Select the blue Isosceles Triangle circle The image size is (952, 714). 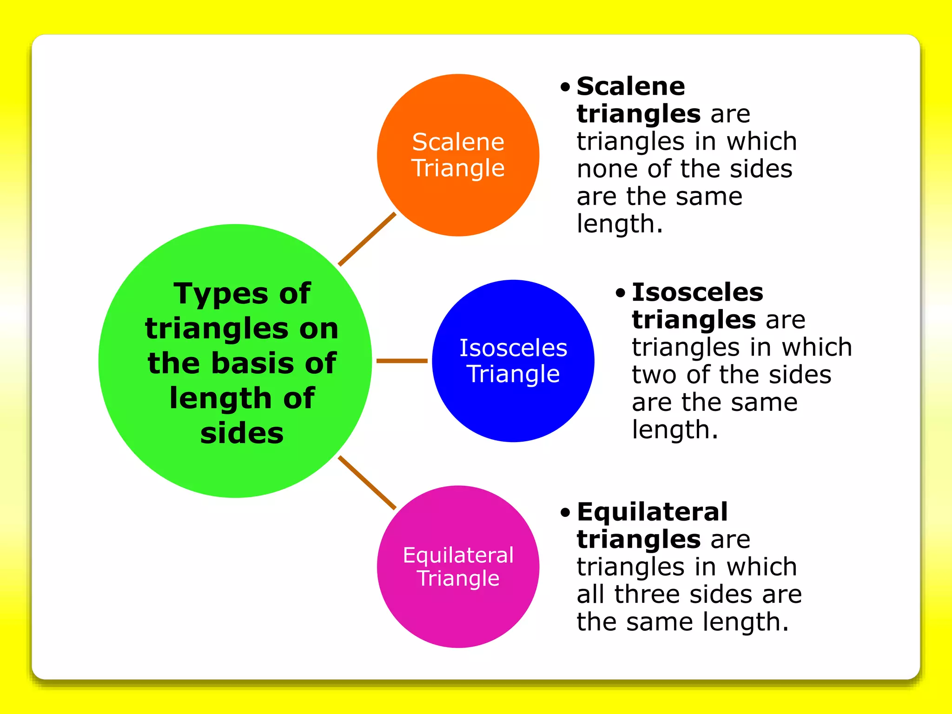[513, 409]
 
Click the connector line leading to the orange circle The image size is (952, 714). [367, 239]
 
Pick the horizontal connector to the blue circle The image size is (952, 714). [402, 361]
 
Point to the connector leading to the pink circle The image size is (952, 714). [367, 483]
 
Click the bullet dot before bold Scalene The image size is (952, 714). [565, 87]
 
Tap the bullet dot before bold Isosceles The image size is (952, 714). [620, 293]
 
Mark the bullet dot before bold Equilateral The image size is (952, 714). [565, 513]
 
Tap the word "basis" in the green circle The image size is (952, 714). [253, 363]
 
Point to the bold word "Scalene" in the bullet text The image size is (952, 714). [631, 86]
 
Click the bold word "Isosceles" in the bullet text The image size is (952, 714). [697, 292]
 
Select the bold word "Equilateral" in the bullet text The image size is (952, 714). [652, 512]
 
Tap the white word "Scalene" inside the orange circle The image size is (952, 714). [458, 142]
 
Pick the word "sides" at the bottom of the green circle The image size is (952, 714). [242, 433]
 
